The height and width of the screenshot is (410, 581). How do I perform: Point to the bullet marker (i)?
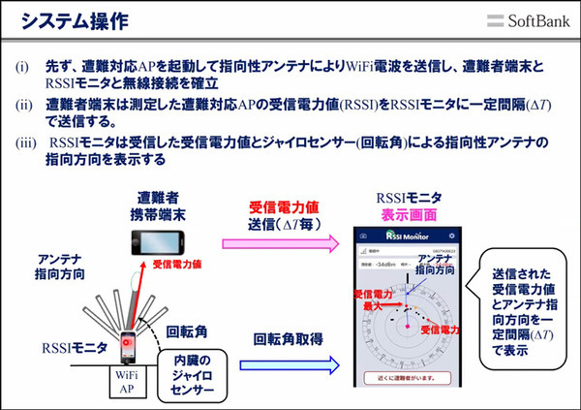click(x=21, y=70)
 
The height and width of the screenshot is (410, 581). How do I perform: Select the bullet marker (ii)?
click(x=22, y=106)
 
